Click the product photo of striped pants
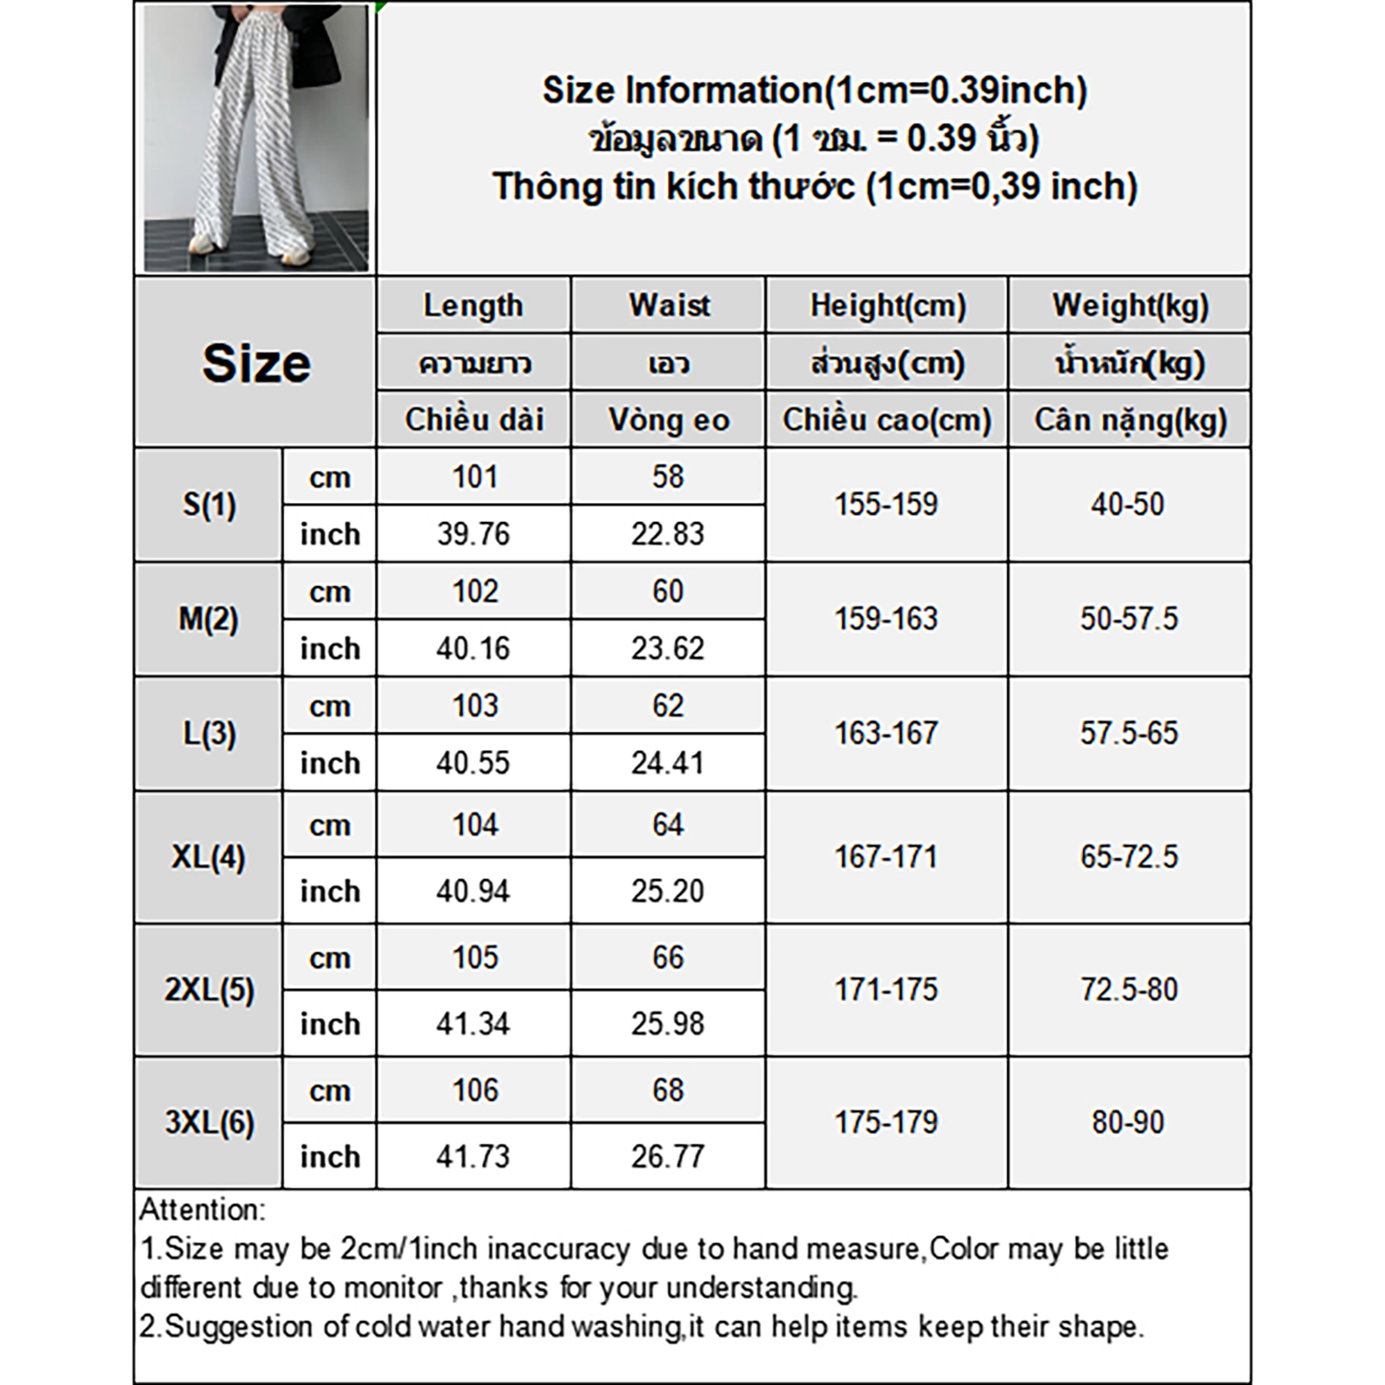256,138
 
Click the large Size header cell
256,363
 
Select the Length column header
473,306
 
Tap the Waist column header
668,306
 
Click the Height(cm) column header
887,306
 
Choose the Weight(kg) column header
1130,306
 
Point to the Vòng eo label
668,421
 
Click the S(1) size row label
209,505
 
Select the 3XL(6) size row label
209,1123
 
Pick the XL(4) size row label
209,857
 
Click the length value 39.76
473,534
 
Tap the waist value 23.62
667,648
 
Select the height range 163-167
886,734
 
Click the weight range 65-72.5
1129,857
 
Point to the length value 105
475,958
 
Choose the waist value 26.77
667,1156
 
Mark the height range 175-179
886,1123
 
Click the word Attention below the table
203,1209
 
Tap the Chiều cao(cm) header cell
887,421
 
